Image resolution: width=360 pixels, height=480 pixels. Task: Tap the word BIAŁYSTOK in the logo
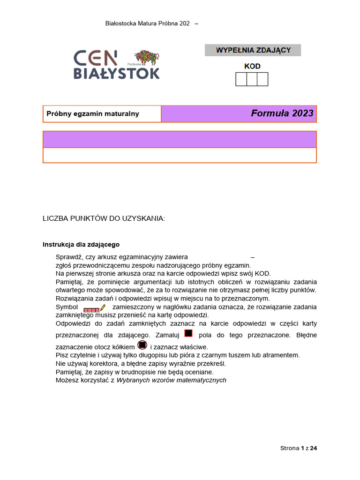point(116,74)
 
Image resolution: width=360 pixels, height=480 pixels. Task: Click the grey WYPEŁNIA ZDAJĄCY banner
point(253,50)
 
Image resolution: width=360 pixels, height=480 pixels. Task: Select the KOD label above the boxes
point(252,66)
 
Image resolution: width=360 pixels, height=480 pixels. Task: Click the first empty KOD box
point(241,79)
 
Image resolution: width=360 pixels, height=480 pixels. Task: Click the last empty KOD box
point(262,79)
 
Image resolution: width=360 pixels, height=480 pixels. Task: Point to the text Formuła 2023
point(282,113)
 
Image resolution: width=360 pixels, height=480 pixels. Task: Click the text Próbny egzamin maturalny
point(93,114)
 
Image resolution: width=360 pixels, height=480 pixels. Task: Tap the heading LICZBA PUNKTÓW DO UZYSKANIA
point(104,218)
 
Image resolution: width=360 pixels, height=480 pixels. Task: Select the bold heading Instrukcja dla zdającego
point(81,244)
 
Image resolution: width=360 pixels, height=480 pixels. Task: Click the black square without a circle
point(188,333)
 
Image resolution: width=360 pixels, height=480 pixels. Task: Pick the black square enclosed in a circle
point(142,345)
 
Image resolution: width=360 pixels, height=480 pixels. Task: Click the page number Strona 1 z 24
point(299,448)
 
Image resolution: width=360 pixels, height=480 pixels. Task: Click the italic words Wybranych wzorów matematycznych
point(171,380)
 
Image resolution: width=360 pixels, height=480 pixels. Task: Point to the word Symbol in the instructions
point(67,307)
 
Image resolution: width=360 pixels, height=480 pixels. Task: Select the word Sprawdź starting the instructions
point(69,257)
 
